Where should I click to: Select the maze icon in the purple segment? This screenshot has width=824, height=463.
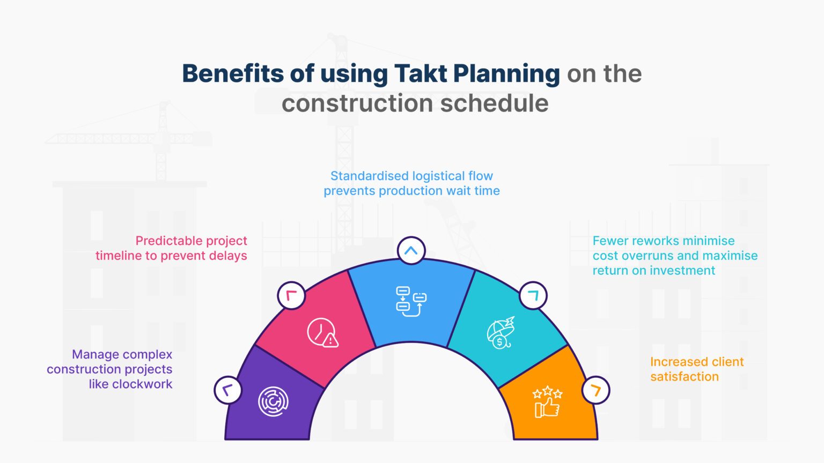coord(273,401)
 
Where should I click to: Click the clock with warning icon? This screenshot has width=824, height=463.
coord(322,333)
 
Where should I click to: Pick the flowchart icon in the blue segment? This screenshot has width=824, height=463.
coord(411,301)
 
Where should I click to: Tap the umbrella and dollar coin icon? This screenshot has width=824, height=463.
coord(501,332)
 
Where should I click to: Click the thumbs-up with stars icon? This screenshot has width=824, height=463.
coord(547,402)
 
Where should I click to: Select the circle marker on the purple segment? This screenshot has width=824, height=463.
coord(227,390)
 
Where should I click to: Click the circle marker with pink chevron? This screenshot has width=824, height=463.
coord(291,295)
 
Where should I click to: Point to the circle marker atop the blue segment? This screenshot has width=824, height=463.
coord(411,250)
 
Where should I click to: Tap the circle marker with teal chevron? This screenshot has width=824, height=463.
coord(533,295)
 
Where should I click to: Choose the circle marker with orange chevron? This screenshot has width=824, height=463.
coord(595,390)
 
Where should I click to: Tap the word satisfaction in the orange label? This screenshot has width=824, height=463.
coord(685,377)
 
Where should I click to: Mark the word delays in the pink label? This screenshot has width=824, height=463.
coord(229,256)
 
